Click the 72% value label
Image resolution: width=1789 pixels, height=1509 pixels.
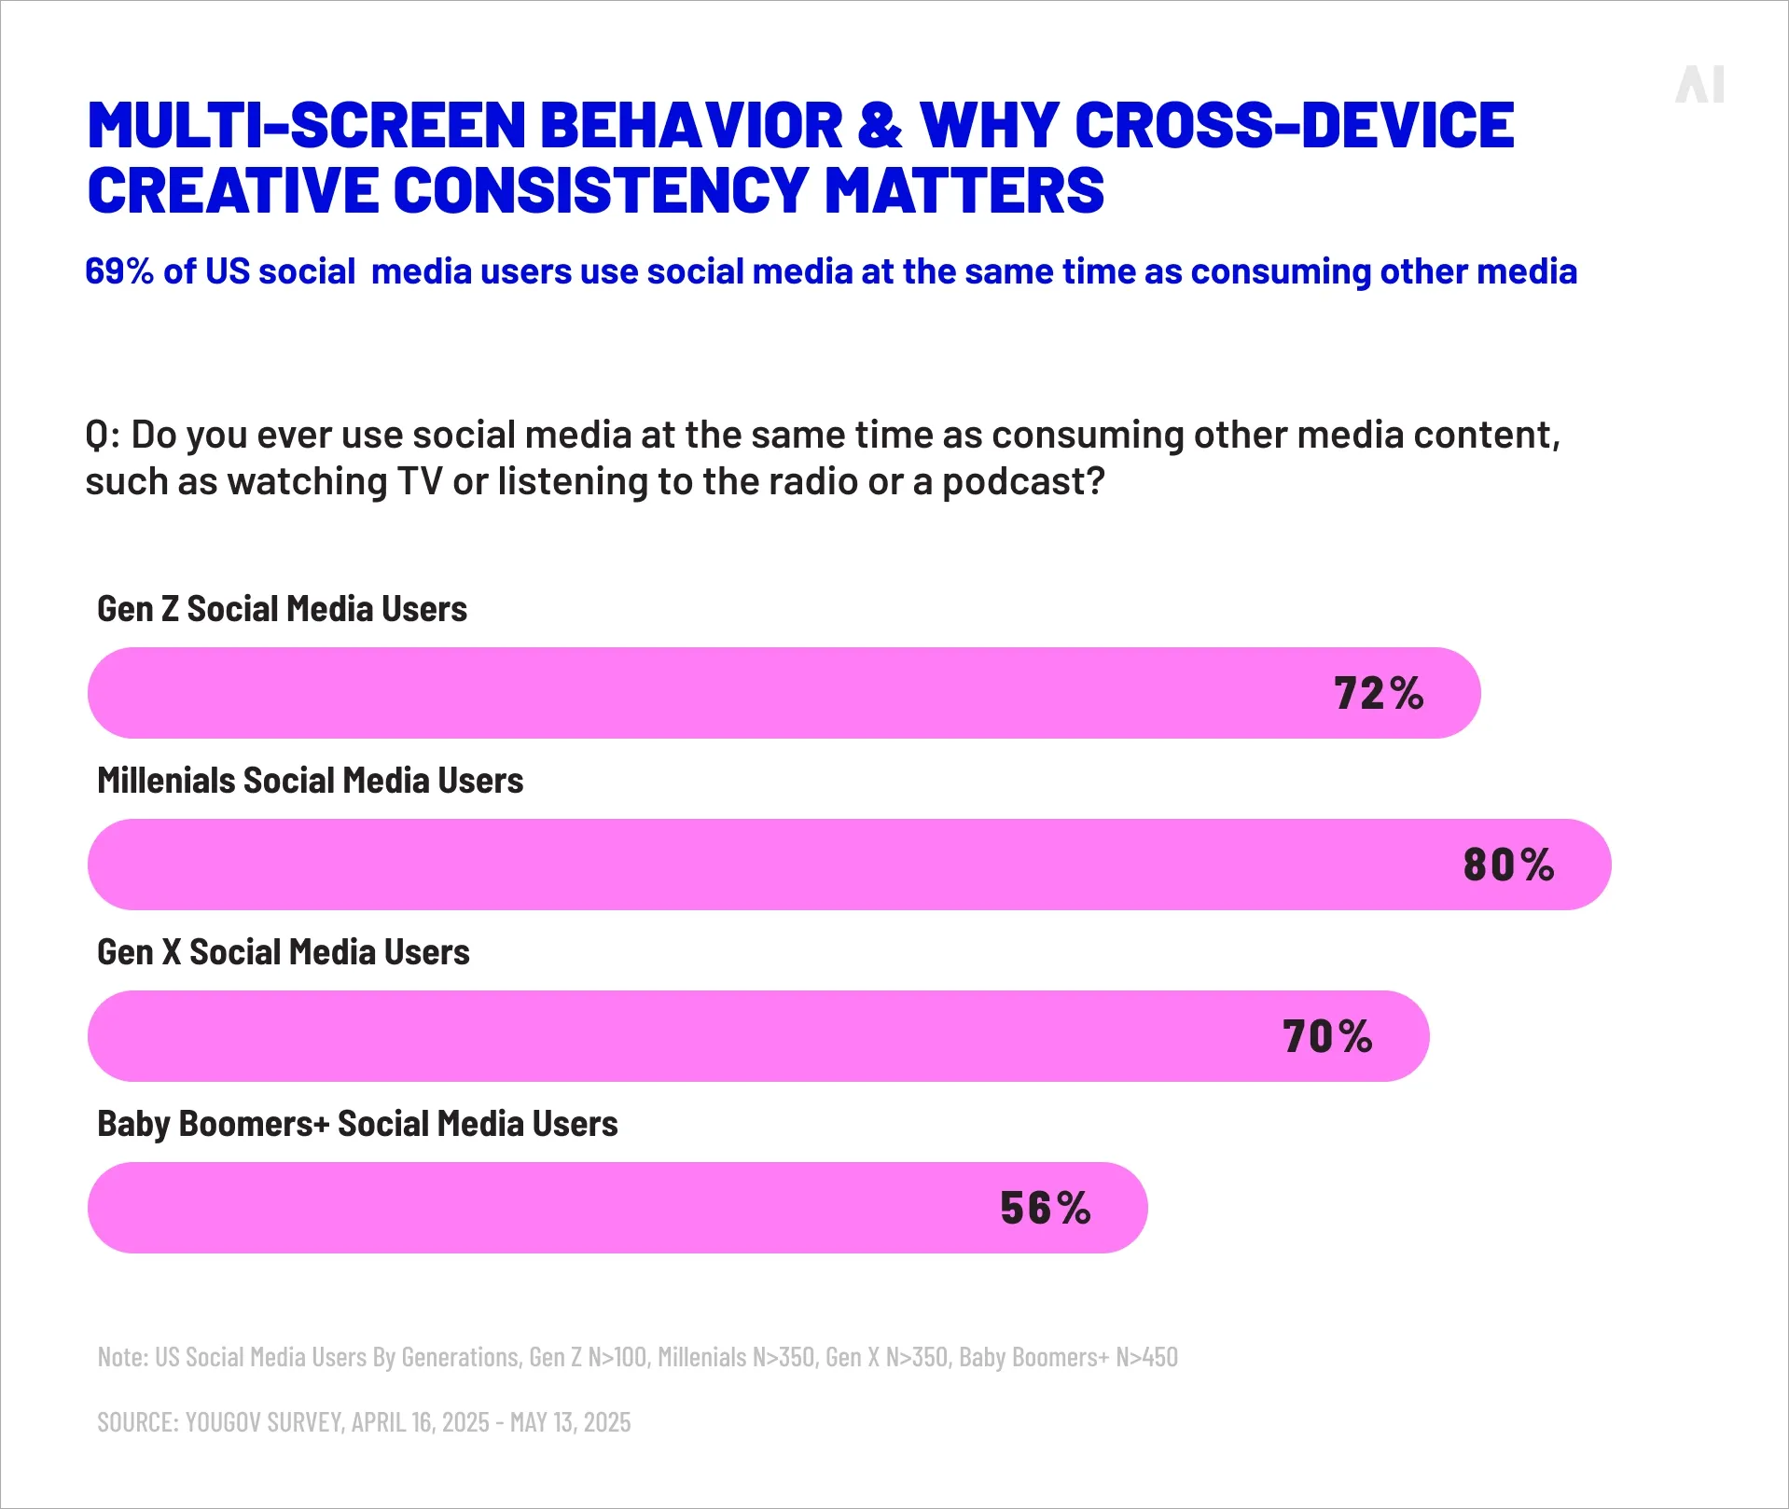coord(1379,694)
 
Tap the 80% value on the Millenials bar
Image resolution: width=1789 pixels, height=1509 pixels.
coord(1508,865)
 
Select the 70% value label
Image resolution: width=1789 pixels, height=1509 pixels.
coord(1327,1037)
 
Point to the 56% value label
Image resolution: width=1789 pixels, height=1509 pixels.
coord(1045,1209)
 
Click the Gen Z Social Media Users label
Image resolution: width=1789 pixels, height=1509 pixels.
coord(282,609)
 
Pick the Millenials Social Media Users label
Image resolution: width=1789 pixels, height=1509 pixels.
coord(310,781)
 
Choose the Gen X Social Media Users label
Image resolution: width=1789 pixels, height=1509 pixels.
coord(283,952)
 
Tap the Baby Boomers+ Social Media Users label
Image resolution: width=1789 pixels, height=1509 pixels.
coord(357,1124)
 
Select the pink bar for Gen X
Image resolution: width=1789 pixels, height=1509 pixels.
coord(653,1036)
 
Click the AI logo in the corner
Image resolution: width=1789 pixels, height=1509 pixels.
coord(1699,85)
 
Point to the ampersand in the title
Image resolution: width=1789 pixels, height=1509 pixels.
coord(880,125)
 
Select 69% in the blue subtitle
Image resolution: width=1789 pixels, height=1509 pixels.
coord(118,271)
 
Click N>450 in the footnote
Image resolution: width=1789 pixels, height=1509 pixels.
coord(1146,1357)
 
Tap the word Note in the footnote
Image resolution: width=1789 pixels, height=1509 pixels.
coord(121,1357)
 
